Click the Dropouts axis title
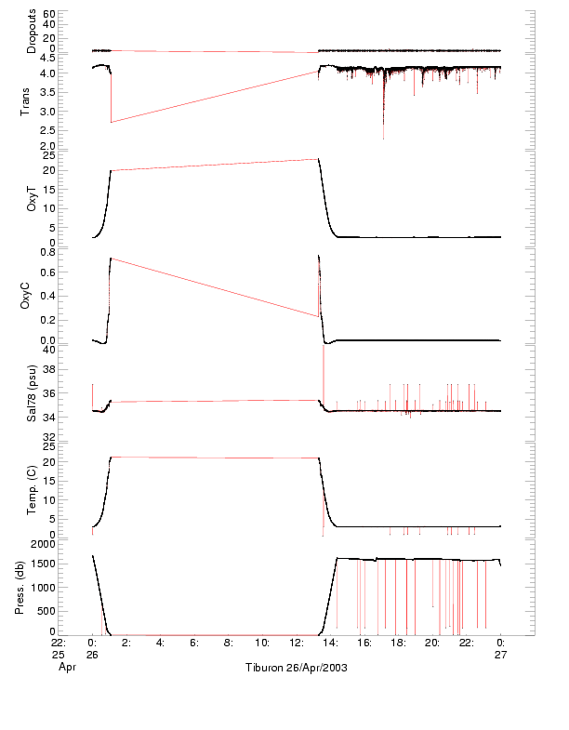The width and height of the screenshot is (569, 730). tap(32, 32)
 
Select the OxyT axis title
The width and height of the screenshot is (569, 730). tap(32, 198)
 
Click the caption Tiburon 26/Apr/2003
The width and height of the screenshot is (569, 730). tap(296, 668)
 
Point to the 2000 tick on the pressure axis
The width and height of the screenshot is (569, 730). tap(43, 543)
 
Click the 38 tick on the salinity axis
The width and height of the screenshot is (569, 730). tap(49, 369)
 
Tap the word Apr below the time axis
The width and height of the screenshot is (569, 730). tap(66, 667)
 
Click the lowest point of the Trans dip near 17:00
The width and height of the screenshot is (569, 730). tap(383, 139)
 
